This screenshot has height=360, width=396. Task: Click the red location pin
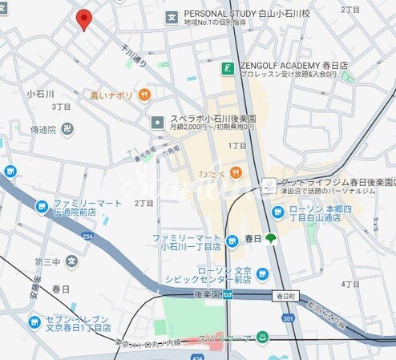tap(83, 19)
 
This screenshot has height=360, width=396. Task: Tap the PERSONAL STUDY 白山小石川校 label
tap(247, 14)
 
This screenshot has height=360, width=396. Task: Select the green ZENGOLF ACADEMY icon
tap(227, 69)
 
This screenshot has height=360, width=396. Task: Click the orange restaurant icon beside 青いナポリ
tap(144, 95)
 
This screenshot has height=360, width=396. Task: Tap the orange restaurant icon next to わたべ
tap(235, 173)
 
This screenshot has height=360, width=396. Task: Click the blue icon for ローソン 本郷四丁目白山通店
tap(278, 212)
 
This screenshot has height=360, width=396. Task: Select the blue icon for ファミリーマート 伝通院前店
tap(42, 208)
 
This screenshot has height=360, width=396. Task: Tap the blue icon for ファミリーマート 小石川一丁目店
tap(232, 239)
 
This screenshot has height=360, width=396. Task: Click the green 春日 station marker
tap(271, 238)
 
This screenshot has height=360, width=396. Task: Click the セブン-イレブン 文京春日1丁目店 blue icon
tap(34, 322)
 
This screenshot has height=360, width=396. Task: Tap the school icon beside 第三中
tap(72, 261)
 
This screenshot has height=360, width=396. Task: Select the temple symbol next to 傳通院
tap(70, 129)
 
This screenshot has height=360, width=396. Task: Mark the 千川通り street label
tap(129, 55)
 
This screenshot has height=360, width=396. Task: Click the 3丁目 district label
tap(62, 107)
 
